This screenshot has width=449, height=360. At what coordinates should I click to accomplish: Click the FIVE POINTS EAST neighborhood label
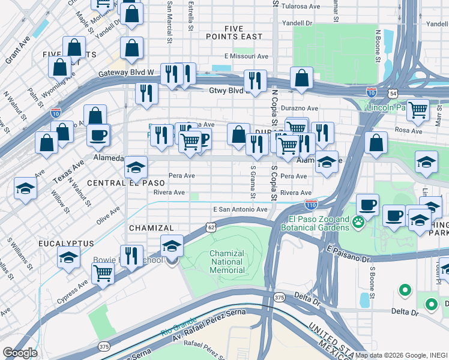(x=243, y=32)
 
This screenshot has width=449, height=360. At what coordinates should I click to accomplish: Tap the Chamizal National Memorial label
(x=227, y=262)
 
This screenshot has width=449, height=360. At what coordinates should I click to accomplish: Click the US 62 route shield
(x=209, y=227)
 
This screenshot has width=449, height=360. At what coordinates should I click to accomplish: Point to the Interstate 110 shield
(x=311, y=205)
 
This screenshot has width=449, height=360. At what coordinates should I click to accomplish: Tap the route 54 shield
(x=392, y=94)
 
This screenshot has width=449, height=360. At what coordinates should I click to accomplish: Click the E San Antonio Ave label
(x=240, y=209)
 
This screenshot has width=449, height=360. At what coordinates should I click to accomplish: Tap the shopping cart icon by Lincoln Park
(x=418, y=110)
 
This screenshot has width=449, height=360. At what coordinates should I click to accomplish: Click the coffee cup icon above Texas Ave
(x=98, y=135)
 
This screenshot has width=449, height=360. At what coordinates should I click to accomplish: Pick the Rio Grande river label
(x=175, y=332)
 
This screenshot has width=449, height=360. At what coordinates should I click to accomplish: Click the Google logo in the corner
(x=20, y=353)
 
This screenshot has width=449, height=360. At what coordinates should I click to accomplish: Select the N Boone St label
(x=378, y=46)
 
